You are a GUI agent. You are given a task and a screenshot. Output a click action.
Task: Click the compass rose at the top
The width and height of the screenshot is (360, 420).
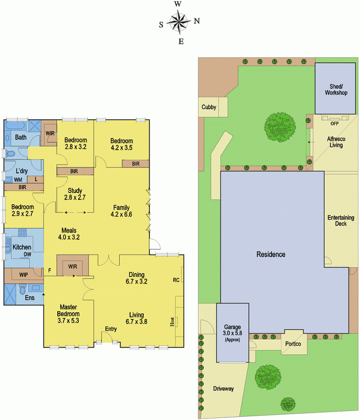click(179, 23)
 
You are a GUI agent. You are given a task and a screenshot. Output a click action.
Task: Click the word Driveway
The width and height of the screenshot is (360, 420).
click(223, 389)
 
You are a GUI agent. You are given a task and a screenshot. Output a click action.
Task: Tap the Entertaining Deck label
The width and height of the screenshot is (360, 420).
click(341, 220)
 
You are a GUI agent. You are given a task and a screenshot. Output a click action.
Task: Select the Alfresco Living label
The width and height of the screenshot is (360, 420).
click(335, 142)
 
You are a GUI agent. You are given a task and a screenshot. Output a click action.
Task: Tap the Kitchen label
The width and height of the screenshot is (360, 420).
click(22, 247)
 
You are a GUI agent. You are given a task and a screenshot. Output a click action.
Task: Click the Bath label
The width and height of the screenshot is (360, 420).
click(20, 138)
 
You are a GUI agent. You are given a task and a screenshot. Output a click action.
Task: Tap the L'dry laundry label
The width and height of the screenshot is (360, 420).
click(22, 172)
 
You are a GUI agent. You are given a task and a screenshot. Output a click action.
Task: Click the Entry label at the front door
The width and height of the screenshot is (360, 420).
click(111, 329)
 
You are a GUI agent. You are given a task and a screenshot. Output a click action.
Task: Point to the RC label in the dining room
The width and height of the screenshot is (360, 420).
click(176, 280)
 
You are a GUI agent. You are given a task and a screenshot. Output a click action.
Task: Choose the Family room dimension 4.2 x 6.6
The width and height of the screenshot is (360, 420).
click(121, 214)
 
